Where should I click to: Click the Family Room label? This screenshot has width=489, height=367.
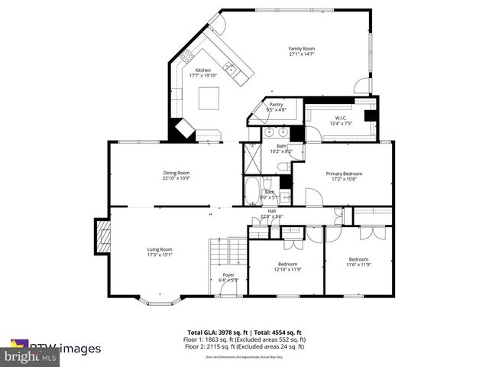(x=302, y=49)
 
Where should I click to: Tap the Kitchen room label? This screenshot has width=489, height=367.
(x=202, y=70)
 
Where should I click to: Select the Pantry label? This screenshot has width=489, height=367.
(x=276, y=105)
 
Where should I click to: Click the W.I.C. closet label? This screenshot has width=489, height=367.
(x=340, y=118)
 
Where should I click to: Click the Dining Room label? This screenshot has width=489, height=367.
(x=176, y=172)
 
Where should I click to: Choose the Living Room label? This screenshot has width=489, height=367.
(x=160, y=248)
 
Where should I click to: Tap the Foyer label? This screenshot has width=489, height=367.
(x=228, y=274)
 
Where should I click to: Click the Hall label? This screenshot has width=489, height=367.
(x=271, y=211)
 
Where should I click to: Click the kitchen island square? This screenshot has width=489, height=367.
(x=209, y=98)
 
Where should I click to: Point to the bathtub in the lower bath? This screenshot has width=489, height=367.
(x=252, y=187)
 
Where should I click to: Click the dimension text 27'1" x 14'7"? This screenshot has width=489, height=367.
(x=302, y=54)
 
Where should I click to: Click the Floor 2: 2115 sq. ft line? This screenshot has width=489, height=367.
(x=244, y=345)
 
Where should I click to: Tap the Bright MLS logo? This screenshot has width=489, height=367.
(x=31, y=356)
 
